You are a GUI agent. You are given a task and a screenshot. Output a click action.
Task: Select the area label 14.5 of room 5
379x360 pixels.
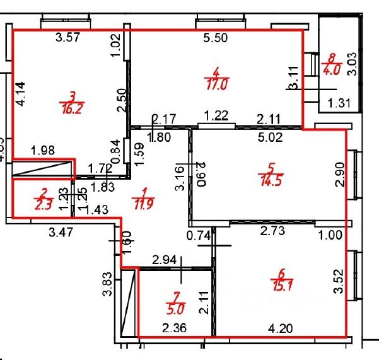point(271,178)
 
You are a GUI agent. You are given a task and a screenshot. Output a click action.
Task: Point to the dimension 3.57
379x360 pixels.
point(68,38)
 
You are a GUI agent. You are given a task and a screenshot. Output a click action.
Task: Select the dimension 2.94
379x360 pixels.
point(165,258)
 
